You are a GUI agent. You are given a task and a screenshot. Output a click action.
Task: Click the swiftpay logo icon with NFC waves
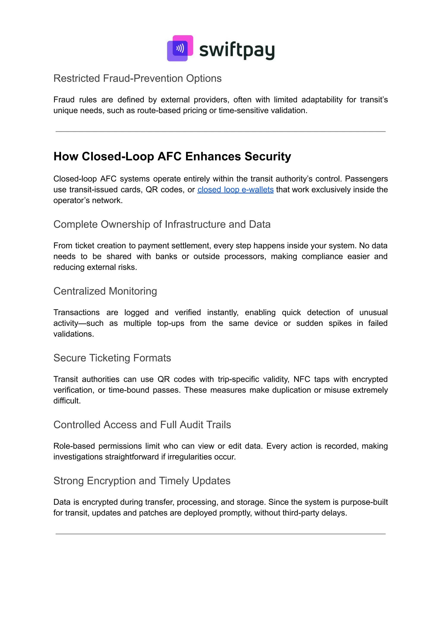180,48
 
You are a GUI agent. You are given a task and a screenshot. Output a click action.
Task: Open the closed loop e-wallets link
235,190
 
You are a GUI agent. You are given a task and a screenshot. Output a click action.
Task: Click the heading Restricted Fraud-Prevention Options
137,78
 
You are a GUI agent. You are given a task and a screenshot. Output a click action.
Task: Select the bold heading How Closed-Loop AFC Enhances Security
172,156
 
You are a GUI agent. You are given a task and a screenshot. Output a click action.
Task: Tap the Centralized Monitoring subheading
105,291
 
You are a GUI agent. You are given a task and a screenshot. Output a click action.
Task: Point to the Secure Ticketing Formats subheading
112,358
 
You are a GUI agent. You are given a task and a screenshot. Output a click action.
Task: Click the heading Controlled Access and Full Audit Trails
142,425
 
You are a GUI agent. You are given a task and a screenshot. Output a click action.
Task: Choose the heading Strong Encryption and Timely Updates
142,481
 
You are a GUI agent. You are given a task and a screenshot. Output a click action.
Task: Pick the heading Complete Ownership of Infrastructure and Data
162,224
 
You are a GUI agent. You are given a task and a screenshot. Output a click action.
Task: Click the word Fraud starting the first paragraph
64,100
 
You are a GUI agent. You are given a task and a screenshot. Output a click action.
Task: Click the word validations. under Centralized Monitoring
73,334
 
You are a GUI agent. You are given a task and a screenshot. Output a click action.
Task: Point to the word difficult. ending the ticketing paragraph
67,401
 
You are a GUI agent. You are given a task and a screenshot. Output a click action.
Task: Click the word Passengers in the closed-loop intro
366,179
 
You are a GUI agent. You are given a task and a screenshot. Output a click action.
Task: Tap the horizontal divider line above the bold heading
220,132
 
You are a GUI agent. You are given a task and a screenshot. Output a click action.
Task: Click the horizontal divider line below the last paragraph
220,534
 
